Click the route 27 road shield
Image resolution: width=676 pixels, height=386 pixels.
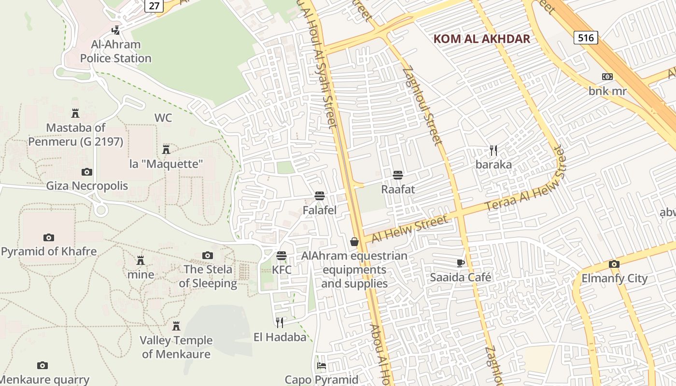155,5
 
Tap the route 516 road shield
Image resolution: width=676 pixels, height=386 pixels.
586,38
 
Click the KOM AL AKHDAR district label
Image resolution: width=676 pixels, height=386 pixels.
481,39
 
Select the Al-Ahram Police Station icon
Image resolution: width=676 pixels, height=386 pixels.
116,30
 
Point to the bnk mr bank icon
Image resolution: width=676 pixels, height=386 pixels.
607,77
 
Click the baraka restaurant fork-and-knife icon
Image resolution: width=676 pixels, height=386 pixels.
493,151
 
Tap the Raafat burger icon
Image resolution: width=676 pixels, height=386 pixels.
398,175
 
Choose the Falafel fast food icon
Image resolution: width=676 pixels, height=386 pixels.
320,196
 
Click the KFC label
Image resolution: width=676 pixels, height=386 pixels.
282,270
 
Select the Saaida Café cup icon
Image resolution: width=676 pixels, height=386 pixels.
461,263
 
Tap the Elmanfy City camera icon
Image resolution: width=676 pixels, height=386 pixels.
614,264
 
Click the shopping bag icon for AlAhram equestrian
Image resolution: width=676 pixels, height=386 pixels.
354,242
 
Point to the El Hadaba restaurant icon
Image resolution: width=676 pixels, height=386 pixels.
280,322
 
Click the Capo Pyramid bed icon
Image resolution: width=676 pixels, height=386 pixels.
322,366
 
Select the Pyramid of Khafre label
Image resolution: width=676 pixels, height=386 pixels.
49,251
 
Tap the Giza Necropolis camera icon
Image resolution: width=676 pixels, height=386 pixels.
87,172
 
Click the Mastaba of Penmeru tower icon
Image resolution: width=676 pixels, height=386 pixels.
75,113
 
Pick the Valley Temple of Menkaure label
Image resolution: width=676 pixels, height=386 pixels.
176,347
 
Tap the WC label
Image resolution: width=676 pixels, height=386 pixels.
163,118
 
